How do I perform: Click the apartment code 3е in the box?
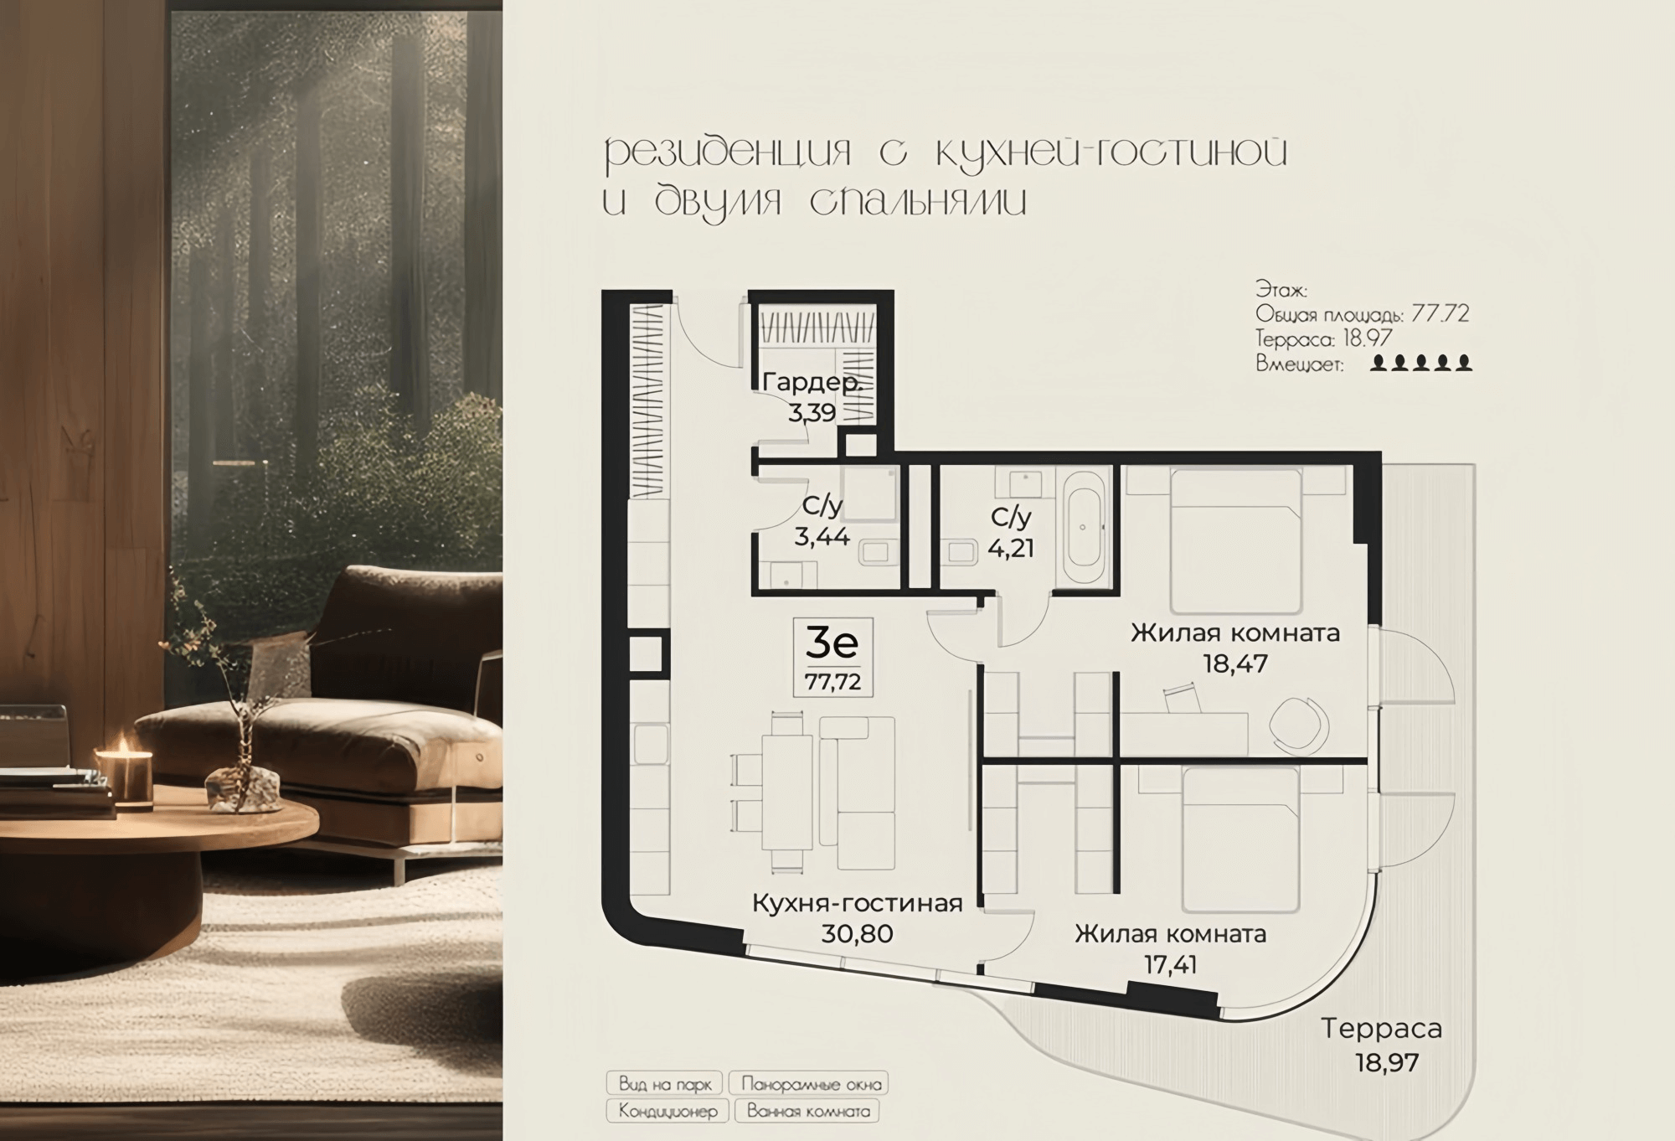point(832,643)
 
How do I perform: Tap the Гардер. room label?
point(811,384)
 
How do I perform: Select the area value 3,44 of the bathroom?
point(822,536)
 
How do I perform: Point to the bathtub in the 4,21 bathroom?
point(1085,528)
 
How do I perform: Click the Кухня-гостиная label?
point(857,903)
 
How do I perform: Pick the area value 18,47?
point(1235,664)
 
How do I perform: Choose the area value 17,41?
point(1170,964)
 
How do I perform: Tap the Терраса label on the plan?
point(1382,1028)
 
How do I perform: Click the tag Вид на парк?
point(665,1084)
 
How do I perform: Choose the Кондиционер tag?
point(667,1112)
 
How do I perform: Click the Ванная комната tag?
point(808,1112)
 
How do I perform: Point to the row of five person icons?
point(1421,363)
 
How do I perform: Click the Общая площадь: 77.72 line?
point(1363,315)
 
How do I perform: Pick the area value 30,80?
point(857,933)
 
